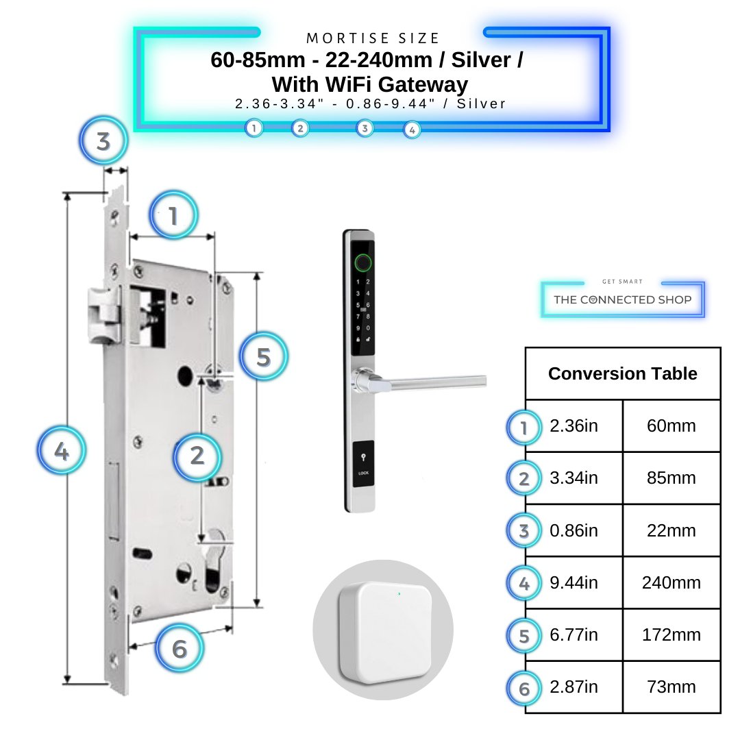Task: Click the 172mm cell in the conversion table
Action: [671, 634]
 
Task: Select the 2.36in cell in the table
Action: [573, 426]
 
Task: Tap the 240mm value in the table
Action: [671, 582]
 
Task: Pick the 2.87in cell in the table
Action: [573, 687]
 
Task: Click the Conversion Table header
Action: [622, 373]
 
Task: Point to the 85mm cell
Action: [671, 478]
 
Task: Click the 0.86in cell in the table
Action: [573, 530]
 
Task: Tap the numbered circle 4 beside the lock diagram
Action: [62, 452]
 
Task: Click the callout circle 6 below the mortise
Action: [180, 648]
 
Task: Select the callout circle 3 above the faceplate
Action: [103, 142]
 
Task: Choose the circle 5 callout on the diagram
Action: [264, 357]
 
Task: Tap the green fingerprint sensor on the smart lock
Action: [361, 262]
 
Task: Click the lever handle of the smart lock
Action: [425, 382]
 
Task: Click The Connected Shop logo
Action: [622, 299]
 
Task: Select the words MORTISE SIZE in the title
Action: [373, 38]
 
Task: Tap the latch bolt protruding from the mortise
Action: [102, 316]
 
